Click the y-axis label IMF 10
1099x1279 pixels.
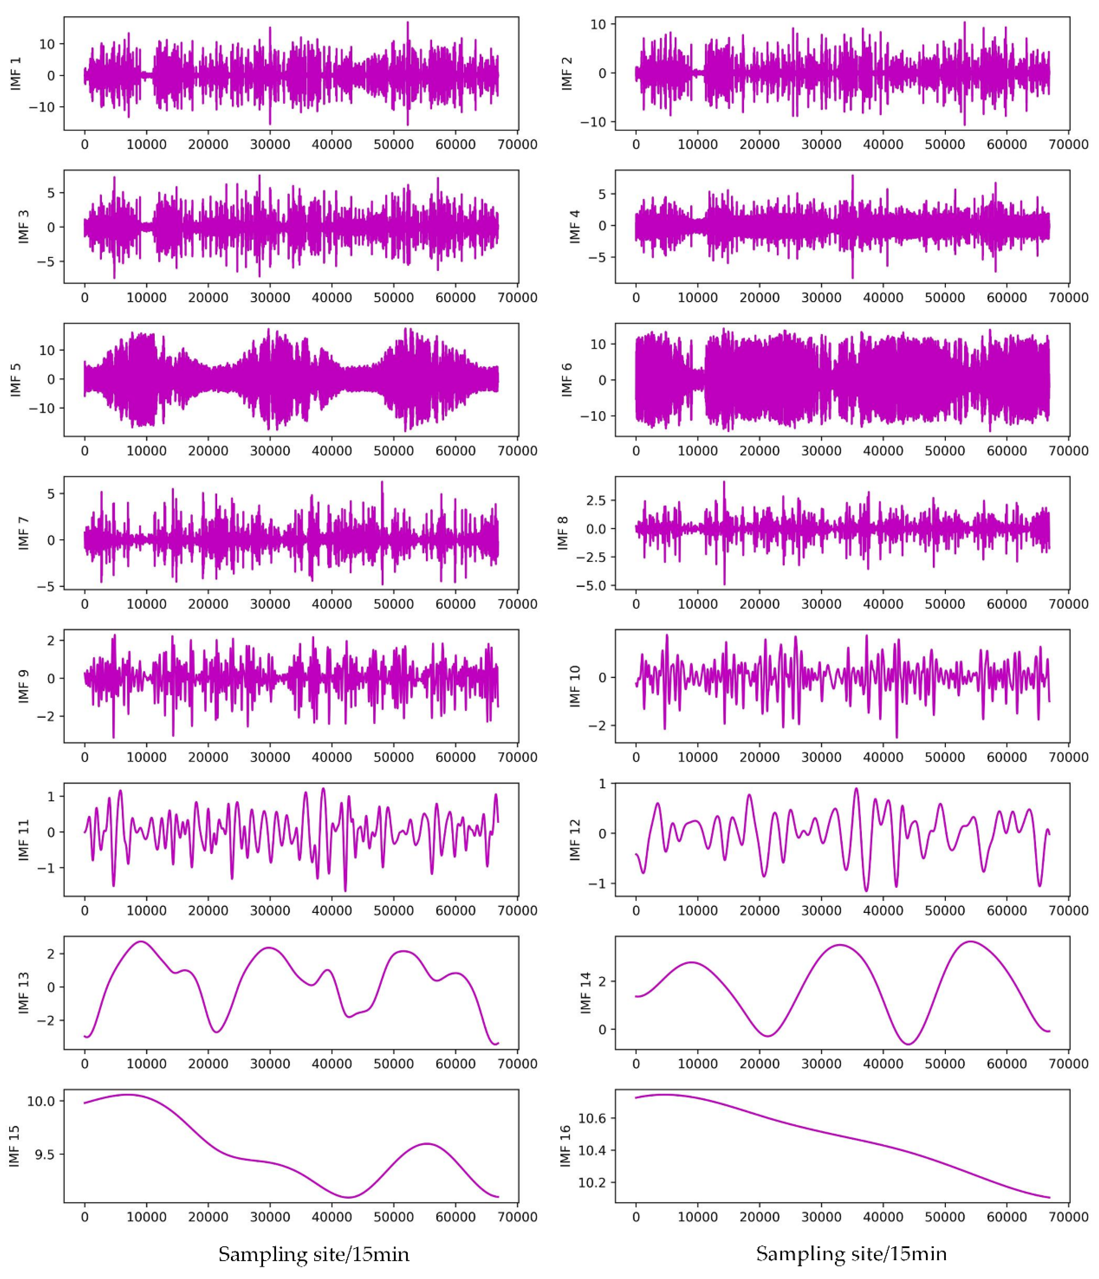pos(575,686)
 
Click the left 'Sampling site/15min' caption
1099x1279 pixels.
pos(314,1254)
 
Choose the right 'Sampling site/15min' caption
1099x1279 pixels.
pos(851,1254)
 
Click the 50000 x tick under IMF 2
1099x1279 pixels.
pos(945,145)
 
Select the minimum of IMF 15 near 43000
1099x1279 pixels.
pos(349,1198)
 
